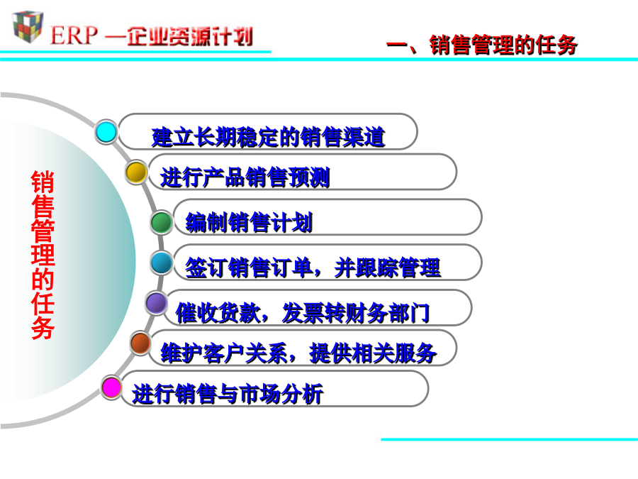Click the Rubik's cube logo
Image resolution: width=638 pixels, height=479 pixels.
coord(28,26)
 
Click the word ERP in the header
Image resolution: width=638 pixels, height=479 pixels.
coord(74,35)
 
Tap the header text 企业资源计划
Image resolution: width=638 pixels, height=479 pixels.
coord(190,36)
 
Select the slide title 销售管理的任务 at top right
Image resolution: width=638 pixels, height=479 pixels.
coord(503,45)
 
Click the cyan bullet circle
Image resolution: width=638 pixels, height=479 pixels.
coord(106,131)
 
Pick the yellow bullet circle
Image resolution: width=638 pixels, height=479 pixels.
coord(136,172)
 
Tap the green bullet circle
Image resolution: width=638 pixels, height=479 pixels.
coord(161,222)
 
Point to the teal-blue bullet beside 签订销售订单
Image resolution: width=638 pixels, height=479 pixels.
coord(162,263)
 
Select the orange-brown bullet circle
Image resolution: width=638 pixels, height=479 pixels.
coord(140,343)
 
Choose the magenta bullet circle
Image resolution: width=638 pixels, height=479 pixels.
coord(111,387)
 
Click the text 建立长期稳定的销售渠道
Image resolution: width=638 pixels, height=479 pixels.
coord(268,137)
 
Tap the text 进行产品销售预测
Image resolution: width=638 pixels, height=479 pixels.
coord(245,177)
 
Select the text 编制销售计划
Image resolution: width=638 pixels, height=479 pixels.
coord(249,222)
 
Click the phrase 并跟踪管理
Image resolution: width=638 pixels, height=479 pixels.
coord(387,268)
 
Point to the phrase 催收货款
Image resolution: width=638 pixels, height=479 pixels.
coord(218,313)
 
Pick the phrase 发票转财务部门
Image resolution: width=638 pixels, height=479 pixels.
coord(356,313)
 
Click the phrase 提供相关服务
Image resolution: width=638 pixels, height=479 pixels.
coord(373,353)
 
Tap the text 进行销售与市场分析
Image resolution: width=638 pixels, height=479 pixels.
coord(228,394)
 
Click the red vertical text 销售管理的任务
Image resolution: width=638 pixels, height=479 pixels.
coord(43,255)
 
